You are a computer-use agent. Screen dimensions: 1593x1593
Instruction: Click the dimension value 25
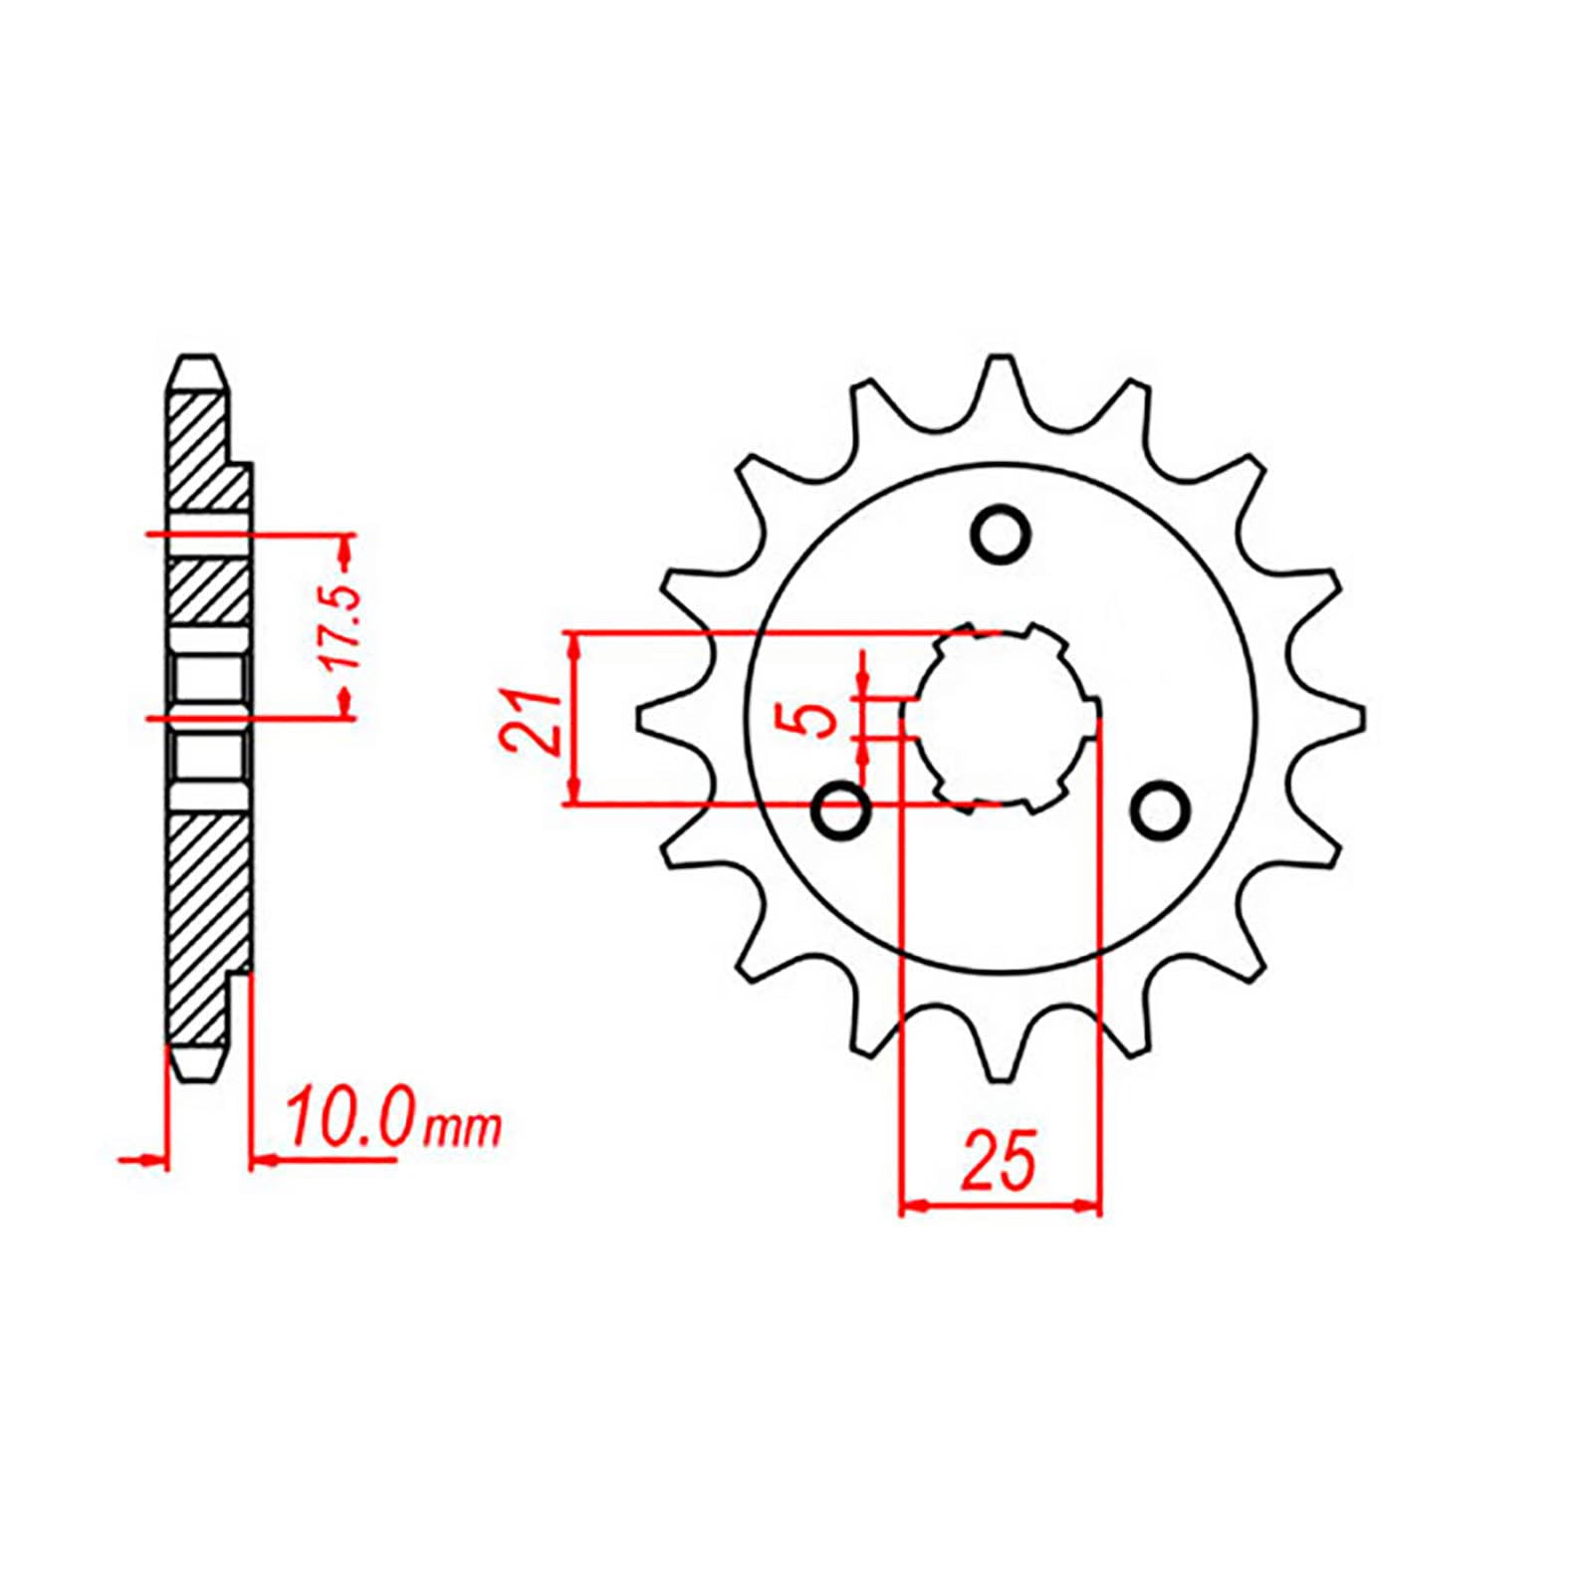point(999,1161)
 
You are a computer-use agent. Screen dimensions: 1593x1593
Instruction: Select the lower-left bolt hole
point(842,809)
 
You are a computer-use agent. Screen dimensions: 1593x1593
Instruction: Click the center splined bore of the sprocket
point(1000,717)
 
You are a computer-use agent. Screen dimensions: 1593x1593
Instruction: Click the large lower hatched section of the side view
point(204,916)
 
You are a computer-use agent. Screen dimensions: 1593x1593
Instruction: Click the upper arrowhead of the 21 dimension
point(572,643)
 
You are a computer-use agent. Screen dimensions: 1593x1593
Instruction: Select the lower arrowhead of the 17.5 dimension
point(345,706)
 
